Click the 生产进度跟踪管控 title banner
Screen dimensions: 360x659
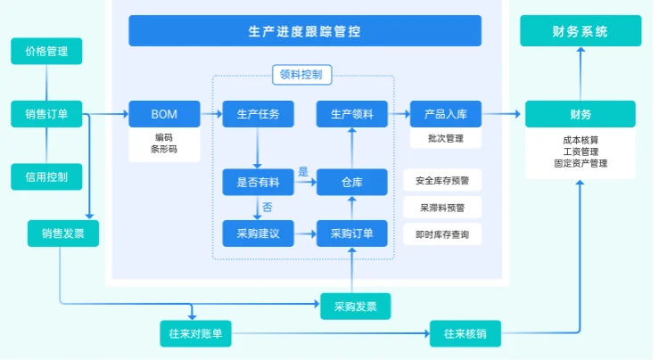coord(304,31)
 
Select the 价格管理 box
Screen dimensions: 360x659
coord(46,52)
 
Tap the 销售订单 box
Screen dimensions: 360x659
coord(46,114)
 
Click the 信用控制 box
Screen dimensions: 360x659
coord(46,176)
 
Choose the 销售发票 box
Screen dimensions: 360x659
coord(62,233)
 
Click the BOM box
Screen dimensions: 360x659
coord(164,114)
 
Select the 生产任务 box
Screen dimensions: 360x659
coord(258,114)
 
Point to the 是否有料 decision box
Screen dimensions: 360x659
coord(258,182)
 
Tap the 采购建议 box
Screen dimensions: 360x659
coord(258,233)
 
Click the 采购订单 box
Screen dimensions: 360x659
coord(352,233)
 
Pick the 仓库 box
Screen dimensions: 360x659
coord(352,182)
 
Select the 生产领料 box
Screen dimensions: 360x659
coord(352,114)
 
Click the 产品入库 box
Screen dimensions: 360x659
coord(446,114)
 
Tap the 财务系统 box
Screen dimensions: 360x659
coord(580,31)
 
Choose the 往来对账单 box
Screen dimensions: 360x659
coord(194,334)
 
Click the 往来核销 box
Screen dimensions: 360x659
coord(465,334)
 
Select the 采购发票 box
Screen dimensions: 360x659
coord(355,306)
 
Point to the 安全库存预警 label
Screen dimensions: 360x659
coord(442,180)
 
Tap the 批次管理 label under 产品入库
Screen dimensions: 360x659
coord(446,139)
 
